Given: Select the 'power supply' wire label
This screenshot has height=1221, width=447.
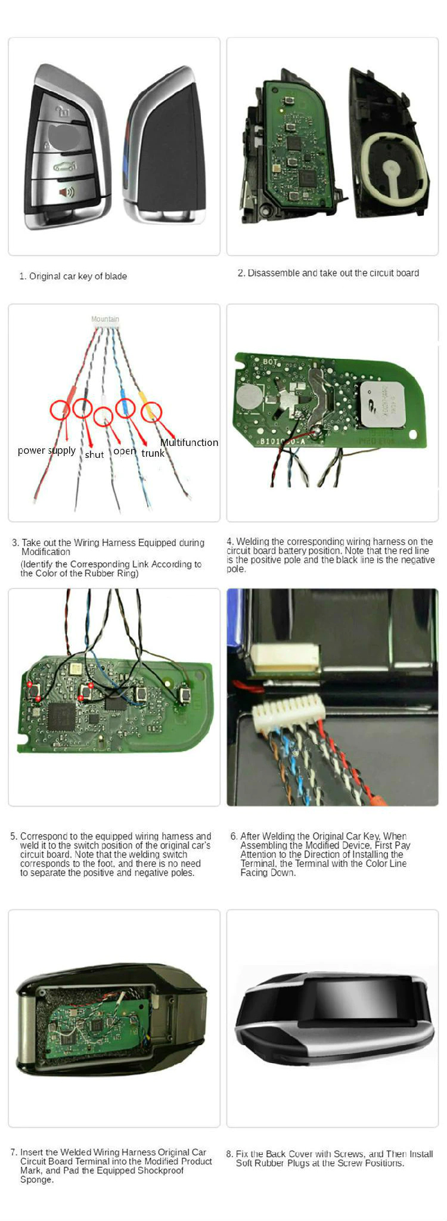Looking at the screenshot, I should pyautogui.click(x=46, y=450).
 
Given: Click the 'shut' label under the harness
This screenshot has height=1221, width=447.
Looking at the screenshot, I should pyautogui.click(x=94, y=454).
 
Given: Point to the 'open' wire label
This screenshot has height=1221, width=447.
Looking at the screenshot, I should pyautogui.click(x=125, y=451).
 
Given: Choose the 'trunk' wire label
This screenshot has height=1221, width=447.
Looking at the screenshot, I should pyautogui.click(x=153, y=453).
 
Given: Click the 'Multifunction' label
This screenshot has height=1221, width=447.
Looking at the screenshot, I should pyautogui.click(x=189, y=442).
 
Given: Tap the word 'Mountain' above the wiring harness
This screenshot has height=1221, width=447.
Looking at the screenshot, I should pyautogui.click(x=105, y=319).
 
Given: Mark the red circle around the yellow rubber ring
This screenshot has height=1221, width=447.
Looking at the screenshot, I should pyautogui.click(x=151, y=411).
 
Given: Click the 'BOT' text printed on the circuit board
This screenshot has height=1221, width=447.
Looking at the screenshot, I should pyautogui.click(x=270, y=361).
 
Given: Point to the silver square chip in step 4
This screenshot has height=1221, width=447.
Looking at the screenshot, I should pyautogui.click(x=381, y=404).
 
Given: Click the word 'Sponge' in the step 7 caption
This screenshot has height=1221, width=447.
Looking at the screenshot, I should pyautogui.click(x=36, y=1180).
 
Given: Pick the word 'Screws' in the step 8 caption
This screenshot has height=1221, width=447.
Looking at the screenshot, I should pyautogui.click(x=347, y=1154).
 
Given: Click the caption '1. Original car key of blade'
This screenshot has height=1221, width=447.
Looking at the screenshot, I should pyautogui.click(x=73, y=276).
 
